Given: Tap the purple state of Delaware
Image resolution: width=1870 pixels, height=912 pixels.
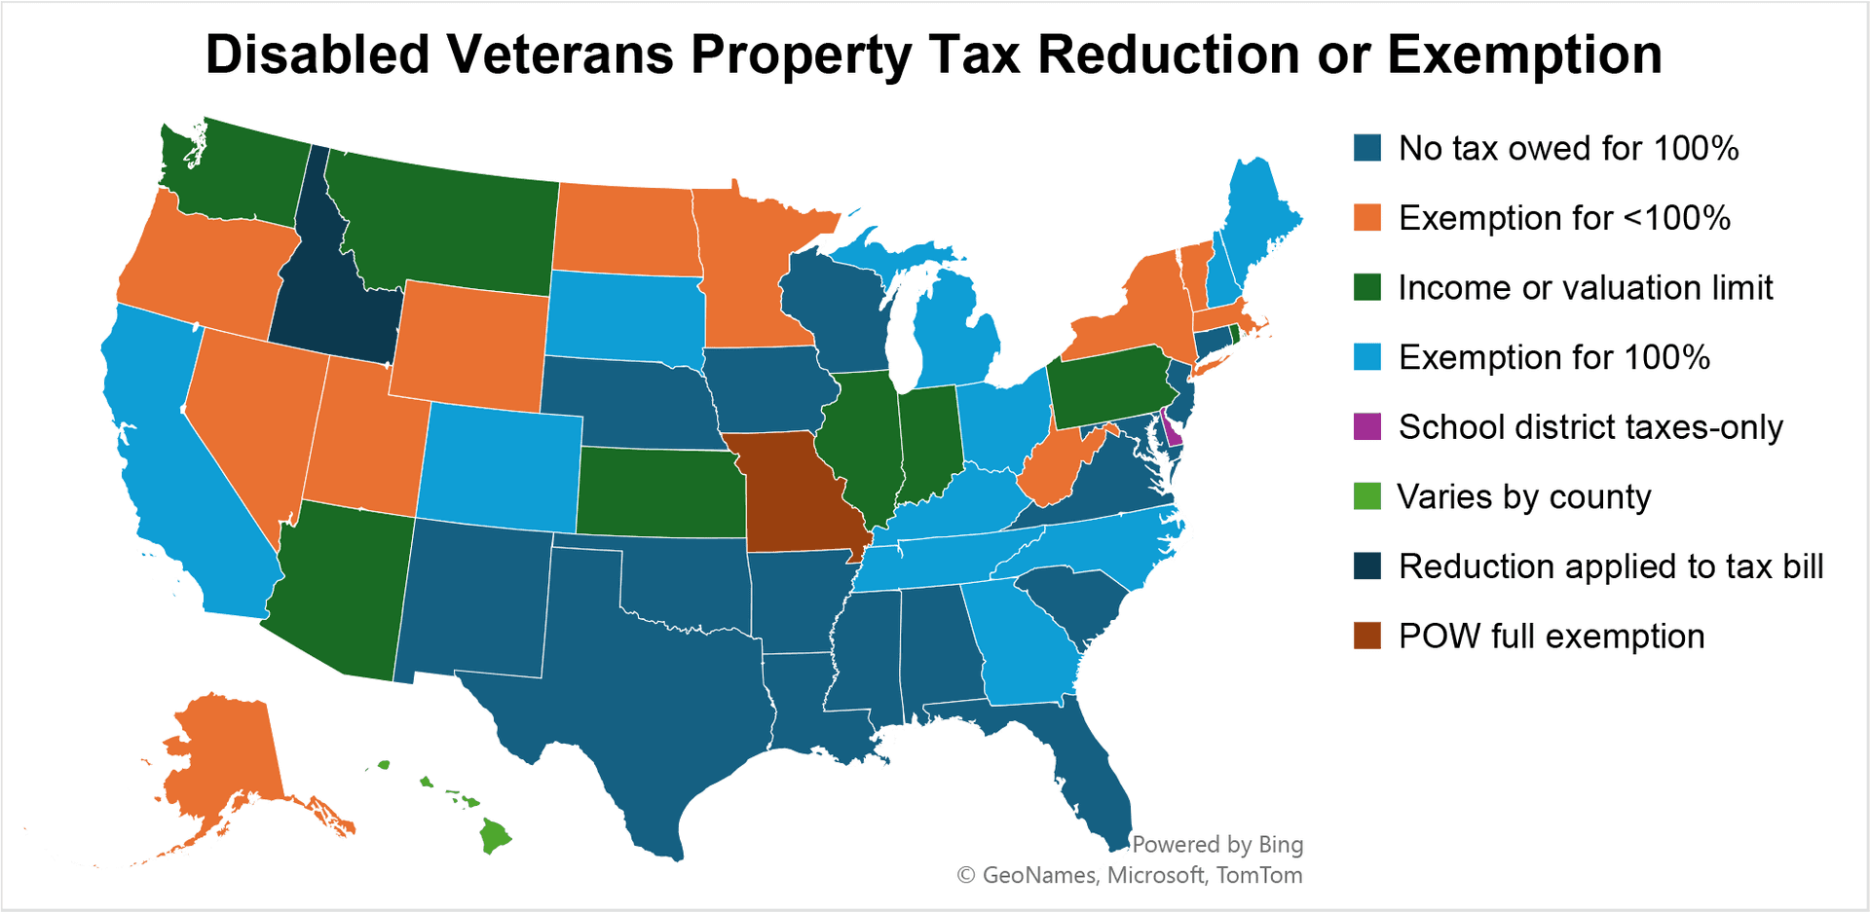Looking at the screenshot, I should click(x=1173, y=434).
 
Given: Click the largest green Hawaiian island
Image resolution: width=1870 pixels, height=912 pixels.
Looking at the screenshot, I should click(x=495, y=835).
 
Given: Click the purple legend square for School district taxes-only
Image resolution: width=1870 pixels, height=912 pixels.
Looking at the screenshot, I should click(x=1367, y=426).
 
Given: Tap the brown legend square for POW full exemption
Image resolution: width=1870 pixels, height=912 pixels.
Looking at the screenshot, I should click(x=1367, y=636).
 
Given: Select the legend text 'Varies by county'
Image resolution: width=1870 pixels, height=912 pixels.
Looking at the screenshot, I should click(x=1523, y=496).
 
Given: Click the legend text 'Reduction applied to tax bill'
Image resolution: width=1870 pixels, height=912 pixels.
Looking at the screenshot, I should click(x=1610, y=566).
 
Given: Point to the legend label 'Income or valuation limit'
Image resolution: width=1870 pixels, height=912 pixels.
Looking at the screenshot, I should click(x=1585, y=287).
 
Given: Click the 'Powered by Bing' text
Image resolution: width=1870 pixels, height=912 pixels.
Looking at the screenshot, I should click(x=1216, y=844).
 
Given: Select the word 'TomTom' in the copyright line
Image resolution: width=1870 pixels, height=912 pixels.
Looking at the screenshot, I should click(x=1258, y=875).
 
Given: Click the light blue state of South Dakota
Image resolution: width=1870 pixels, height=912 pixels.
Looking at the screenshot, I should click(x=623, y=316).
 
